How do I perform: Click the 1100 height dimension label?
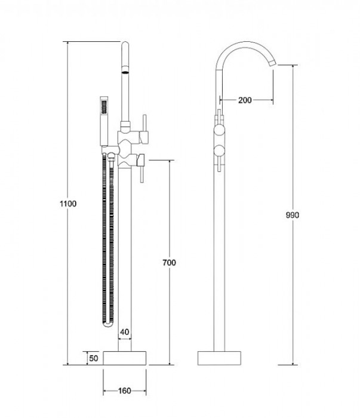pos(68,204)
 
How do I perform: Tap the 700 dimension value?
pos(169,263)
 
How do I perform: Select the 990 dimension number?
pos(293,215)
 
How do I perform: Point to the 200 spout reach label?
pos(245,100)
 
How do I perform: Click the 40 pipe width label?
pos(124,332)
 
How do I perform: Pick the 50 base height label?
pos(94,358)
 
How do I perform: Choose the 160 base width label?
pos(124,391)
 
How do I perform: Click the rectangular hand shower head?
pos(104,121)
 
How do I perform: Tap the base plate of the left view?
pos(124,358)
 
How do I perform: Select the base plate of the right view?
pos(219,358)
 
